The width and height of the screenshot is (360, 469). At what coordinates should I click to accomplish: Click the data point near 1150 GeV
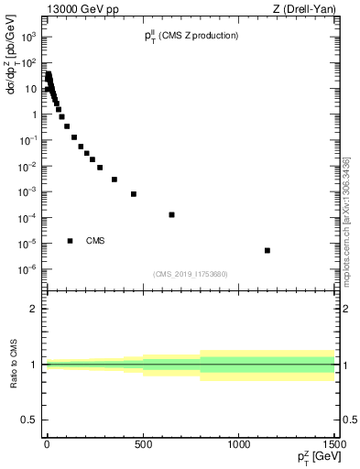[x=267, y=250]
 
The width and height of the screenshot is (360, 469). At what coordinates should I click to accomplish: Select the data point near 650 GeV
[x=171, y=214]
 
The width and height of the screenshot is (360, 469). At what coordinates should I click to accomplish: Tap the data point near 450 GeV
[x=133, y=194]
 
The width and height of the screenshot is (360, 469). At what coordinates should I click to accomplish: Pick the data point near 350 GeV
[x=114, y=180]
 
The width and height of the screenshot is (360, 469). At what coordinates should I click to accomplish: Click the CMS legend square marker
[x=70, y=241]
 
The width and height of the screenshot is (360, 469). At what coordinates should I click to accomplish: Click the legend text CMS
[x=95, y=241]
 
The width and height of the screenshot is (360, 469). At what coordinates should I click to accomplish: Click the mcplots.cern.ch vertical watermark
[x=346, y=220]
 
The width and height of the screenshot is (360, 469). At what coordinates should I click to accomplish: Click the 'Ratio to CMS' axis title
[x=14, y=364]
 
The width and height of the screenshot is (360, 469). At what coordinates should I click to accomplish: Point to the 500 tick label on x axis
[x=143, y=443]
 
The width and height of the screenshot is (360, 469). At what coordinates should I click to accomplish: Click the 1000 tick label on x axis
[x=239, y=443]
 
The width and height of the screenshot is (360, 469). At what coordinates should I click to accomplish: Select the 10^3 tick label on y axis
[x=30, y=38]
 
